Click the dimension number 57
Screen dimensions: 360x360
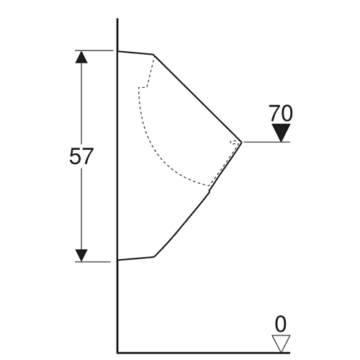(x=81, y=156)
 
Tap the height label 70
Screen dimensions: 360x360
(x=281, y=113)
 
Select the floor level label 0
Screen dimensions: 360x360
(x=281, y=324)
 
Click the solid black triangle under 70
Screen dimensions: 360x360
(x=281, y=132)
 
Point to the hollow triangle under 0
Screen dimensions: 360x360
(x=281, y=343)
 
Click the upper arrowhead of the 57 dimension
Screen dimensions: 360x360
(x=81, y=57)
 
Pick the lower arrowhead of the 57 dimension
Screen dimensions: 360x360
(x=81, y=256)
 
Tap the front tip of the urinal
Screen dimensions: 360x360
(x=241, y=142)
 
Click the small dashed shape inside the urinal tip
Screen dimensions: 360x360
(x=235, y=143)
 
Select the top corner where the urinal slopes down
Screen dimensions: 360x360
(x=153, y=55)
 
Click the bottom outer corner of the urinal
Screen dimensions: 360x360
(x=154, y=257)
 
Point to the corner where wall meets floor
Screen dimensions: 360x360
(x=117, y=353)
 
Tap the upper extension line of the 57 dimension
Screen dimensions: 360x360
(x=94, y=50)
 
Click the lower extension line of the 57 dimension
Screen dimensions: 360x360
(x=93, y=261)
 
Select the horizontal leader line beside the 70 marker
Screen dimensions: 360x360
(x=267, y=142)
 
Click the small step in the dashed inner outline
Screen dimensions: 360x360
(x=143, y=87)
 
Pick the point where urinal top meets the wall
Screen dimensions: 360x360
(x=117, y=51)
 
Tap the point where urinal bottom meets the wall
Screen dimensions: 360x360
(x=117, y=260)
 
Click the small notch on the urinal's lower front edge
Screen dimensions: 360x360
(x=209, y=191)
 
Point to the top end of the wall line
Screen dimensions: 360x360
(x=117, y=19)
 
